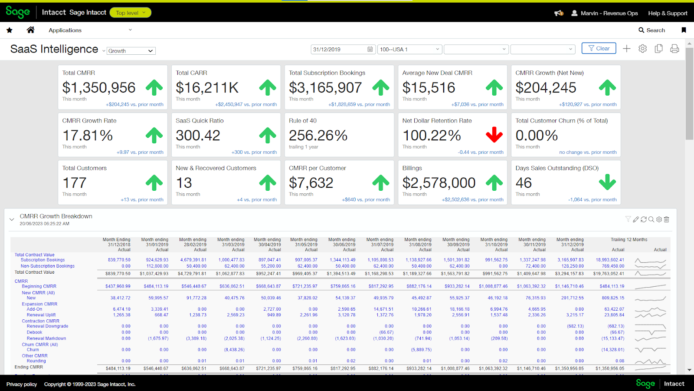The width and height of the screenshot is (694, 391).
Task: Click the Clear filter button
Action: click(x=599, y=49)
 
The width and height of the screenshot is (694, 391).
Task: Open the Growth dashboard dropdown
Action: click(x=131, y=51)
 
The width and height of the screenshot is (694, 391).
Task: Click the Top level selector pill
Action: click(x=130, y=13)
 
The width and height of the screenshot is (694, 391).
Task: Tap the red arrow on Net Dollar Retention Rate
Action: click(x=494, y=135)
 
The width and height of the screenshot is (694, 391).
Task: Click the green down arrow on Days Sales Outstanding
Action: click(x=607, y=182)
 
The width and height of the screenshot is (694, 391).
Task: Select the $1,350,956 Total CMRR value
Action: click(x=99, y=88)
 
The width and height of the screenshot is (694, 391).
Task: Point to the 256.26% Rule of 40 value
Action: click(x=318, y=136)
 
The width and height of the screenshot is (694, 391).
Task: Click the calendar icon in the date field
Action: click(x=370, y=50)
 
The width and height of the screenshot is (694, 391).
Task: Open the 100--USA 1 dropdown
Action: click(x=409, y=50)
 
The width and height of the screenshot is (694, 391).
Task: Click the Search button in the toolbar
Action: click(x=651, y=30)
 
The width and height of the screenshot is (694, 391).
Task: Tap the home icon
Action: click(x=30, y=30)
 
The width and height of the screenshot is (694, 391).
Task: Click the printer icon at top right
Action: click(x=674, y=49)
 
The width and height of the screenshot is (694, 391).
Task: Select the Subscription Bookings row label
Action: click(x=43, y=260)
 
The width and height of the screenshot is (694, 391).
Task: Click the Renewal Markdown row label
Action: click(x=46, y=338)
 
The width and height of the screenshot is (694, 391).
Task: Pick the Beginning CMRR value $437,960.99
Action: click(x=118, y=286)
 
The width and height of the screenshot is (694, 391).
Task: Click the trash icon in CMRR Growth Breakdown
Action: click(x=667, y=219)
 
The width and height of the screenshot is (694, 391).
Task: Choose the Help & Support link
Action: click(x=668, y=13)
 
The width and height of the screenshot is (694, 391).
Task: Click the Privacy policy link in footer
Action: click(x=22, y=384)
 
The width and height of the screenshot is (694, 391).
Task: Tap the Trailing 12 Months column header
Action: click(x=629, y=240)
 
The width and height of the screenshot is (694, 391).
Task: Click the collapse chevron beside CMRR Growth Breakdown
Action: click(x=12, y=219)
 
